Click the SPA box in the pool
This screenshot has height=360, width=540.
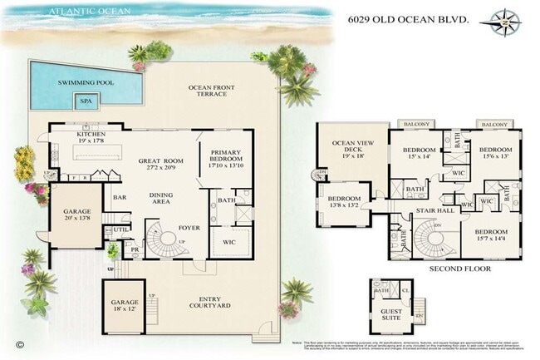[86, 101]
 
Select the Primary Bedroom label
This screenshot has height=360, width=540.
[226, 157]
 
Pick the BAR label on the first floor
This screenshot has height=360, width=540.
[120, 198]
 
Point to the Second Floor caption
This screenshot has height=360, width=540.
[460, 269]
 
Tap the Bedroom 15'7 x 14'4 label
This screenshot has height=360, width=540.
[492, 235]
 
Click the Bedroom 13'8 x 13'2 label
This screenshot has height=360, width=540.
[342, 204]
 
